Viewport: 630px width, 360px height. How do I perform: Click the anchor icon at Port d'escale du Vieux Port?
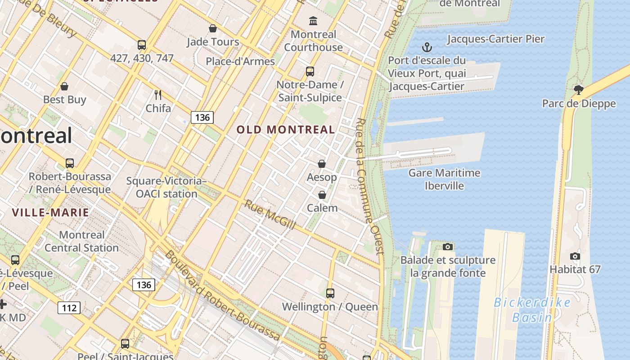tap(426, 47)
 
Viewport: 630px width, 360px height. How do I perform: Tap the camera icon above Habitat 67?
tap(575, 256)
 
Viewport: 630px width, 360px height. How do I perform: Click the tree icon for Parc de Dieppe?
tap(579, 90)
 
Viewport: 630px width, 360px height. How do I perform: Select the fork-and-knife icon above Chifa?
tap(158, 95)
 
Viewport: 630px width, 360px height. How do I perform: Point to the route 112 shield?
tap(69, 308)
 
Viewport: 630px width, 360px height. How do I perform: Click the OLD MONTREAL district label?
tap(286, 130)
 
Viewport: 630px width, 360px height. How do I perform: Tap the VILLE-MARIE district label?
tap(50, 212)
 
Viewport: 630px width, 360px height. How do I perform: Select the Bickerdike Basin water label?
tap(532, 310)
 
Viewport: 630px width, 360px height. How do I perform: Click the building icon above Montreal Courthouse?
tap(313, 21)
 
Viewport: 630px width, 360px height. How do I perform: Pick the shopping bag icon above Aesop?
tap(322, 164)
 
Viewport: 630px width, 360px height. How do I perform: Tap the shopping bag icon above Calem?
tap(322, 195)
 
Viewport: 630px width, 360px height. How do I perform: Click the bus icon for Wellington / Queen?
tap(330, 293)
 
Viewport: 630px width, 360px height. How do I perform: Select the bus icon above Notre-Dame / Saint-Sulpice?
tap(310, 71)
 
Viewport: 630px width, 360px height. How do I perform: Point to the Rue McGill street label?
tap(270, 215)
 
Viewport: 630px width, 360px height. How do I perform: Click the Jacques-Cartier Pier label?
tap(495, 39)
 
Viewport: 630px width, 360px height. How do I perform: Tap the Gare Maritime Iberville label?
tap(444, 179)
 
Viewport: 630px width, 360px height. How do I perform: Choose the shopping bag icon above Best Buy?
tap(64, 86)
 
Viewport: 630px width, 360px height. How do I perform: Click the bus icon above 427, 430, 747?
tap(142, 45)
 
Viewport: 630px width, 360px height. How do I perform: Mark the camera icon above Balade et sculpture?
tap(447, 247)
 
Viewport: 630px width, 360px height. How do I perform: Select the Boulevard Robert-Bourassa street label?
tap(223, 296)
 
